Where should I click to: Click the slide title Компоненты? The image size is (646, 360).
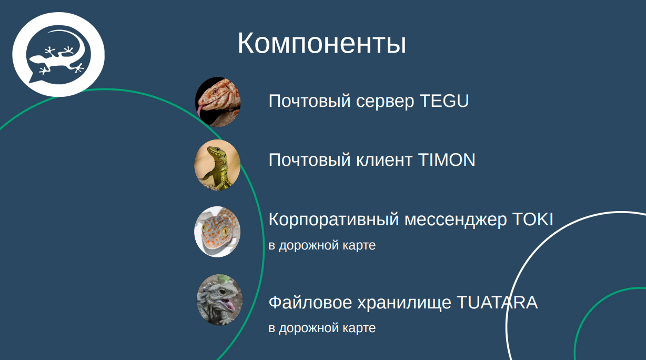pos(321,43)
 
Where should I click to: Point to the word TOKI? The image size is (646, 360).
pos(532,219)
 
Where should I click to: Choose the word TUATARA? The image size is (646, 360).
pos(497,303)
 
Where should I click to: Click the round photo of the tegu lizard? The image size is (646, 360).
pos(218,102)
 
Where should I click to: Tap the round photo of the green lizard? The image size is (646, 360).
pos(218,165)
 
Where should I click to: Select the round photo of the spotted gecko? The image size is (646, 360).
pos(218,232)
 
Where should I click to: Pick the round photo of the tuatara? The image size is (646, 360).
pos(220,299)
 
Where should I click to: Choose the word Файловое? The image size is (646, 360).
pos(310,303)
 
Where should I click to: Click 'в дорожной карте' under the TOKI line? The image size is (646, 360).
pos(322,245)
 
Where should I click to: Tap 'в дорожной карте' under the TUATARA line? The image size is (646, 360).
pos(322,328)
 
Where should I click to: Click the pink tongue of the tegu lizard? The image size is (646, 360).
pos(200,111)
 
